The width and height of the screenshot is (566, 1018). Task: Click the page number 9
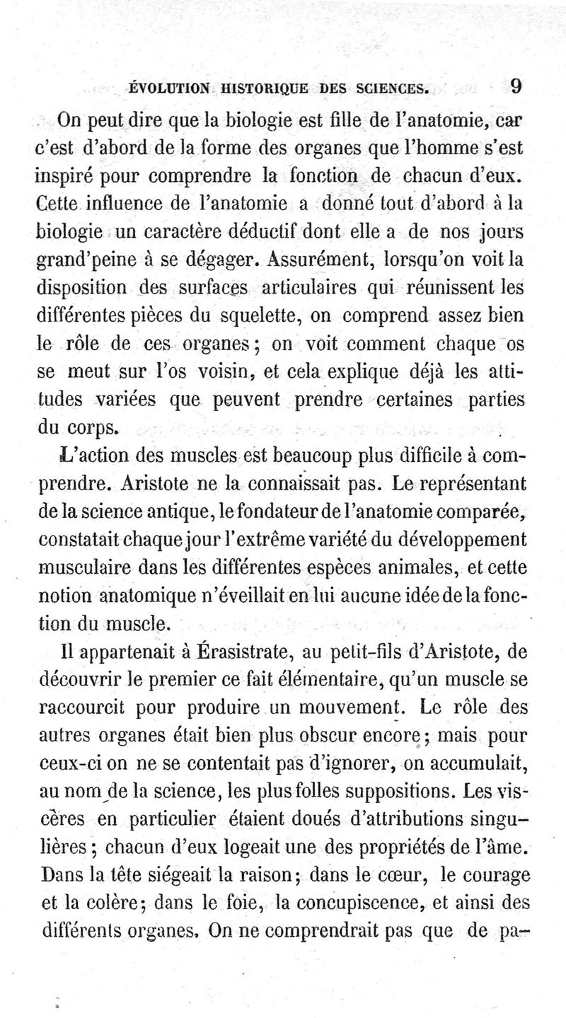coord(516,88)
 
